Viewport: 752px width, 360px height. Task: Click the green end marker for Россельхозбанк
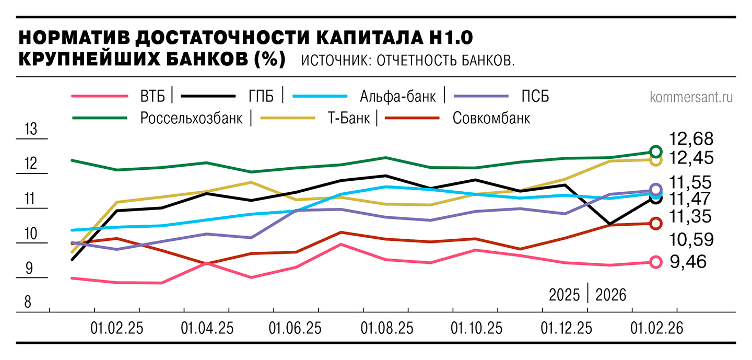pyautogui.click(x=656, y=152)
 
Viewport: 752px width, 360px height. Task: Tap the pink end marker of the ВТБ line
pyautogui.click(x=656, y=262)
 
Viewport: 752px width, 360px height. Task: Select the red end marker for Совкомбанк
pyautogui.click(x=656, y=224)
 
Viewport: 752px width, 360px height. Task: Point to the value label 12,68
pyautogui.click(x=691, y=140)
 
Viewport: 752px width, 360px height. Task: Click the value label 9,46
pyautogui.click(x=688, y=261)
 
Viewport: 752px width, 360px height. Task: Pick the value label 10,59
pyautogui.click(x=691, y=240)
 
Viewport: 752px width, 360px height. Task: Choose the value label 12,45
pyautogui.click(x=691, y=158)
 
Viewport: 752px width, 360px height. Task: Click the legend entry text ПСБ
pyautogui.click(x=535, y=97)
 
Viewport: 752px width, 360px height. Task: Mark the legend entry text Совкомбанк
pyautogui.click(x=491, y=118)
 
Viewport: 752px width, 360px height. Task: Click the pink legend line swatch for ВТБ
pyautogui.click(x=99, y=97)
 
